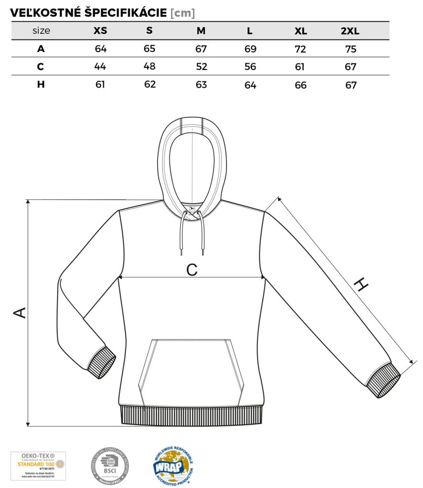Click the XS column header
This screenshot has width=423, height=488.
pos(100,31)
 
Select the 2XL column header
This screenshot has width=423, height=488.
pos(350,31)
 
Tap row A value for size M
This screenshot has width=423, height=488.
pos(202,49)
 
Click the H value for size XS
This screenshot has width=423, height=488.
pos(100,85)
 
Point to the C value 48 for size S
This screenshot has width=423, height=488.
pos(150,67)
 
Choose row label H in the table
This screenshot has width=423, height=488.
pos(41,85)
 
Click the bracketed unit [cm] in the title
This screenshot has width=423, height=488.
pos(183,13)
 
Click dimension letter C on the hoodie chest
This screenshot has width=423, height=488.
pos(192,270)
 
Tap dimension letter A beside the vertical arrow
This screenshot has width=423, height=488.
pos(20,313)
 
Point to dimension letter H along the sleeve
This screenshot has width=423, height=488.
pos(362,285)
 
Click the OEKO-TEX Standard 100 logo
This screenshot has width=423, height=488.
pos(38,466)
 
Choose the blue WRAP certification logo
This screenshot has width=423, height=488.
pos(173,466)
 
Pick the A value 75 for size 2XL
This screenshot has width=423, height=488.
pos(351,49)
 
